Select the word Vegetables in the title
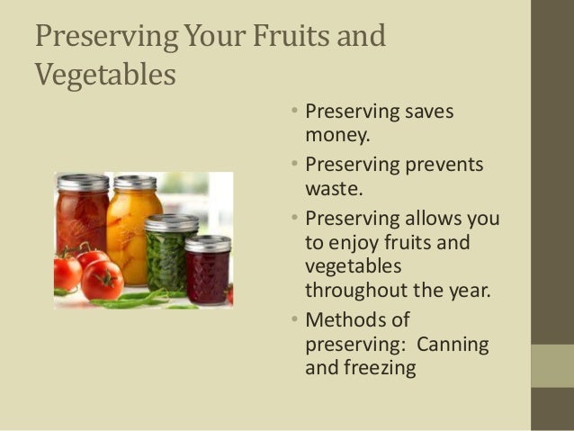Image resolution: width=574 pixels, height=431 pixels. pos(104,75)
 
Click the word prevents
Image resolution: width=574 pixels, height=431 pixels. pos(444,166)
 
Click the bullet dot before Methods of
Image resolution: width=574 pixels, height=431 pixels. pos(296,319)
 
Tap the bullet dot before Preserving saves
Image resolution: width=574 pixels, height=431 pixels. pos(296,112)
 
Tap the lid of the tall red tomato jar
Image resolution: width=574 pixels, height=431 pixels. pos(83,183)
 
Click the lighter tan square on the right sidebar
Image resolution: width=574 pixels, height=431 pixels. pos(552,365)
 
